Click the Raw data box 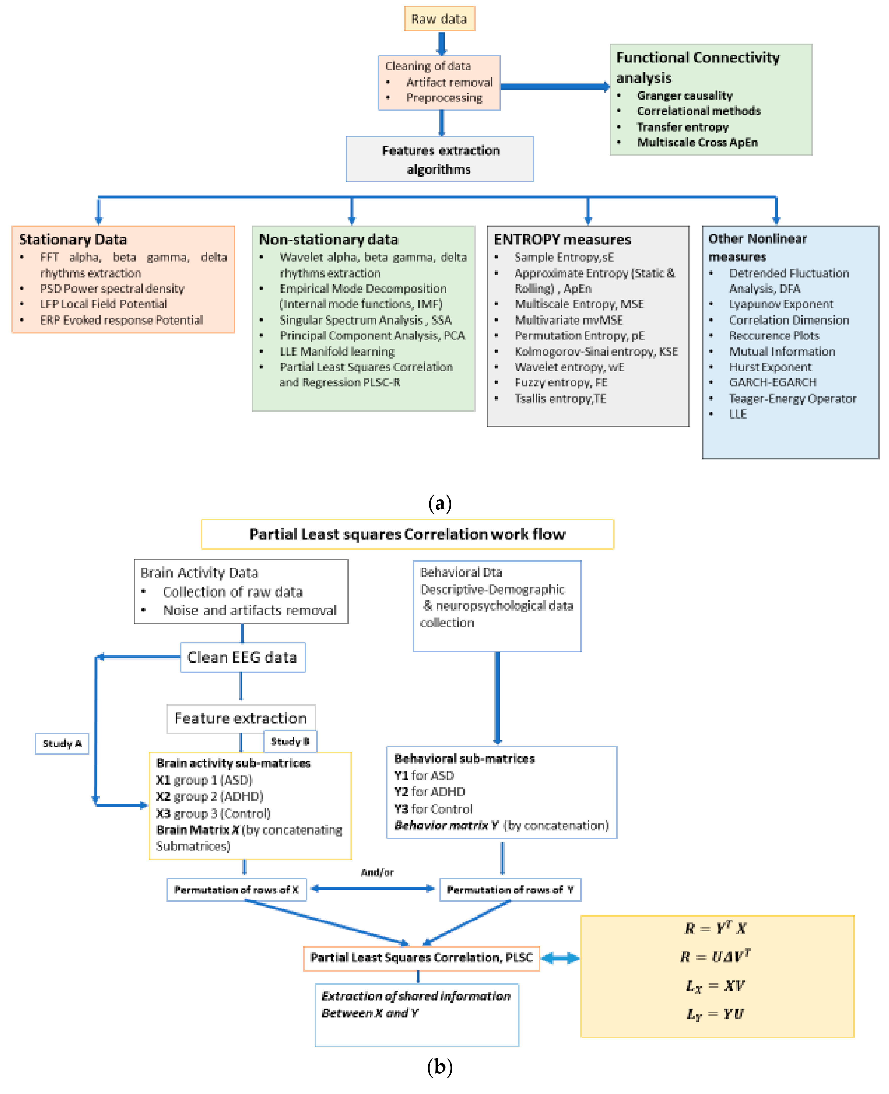click(439, 19)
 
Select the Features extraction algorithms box click(439, 159)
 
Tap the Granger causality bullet click(684, 96)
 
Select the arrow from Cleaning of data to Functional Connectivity click(554, 87)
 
